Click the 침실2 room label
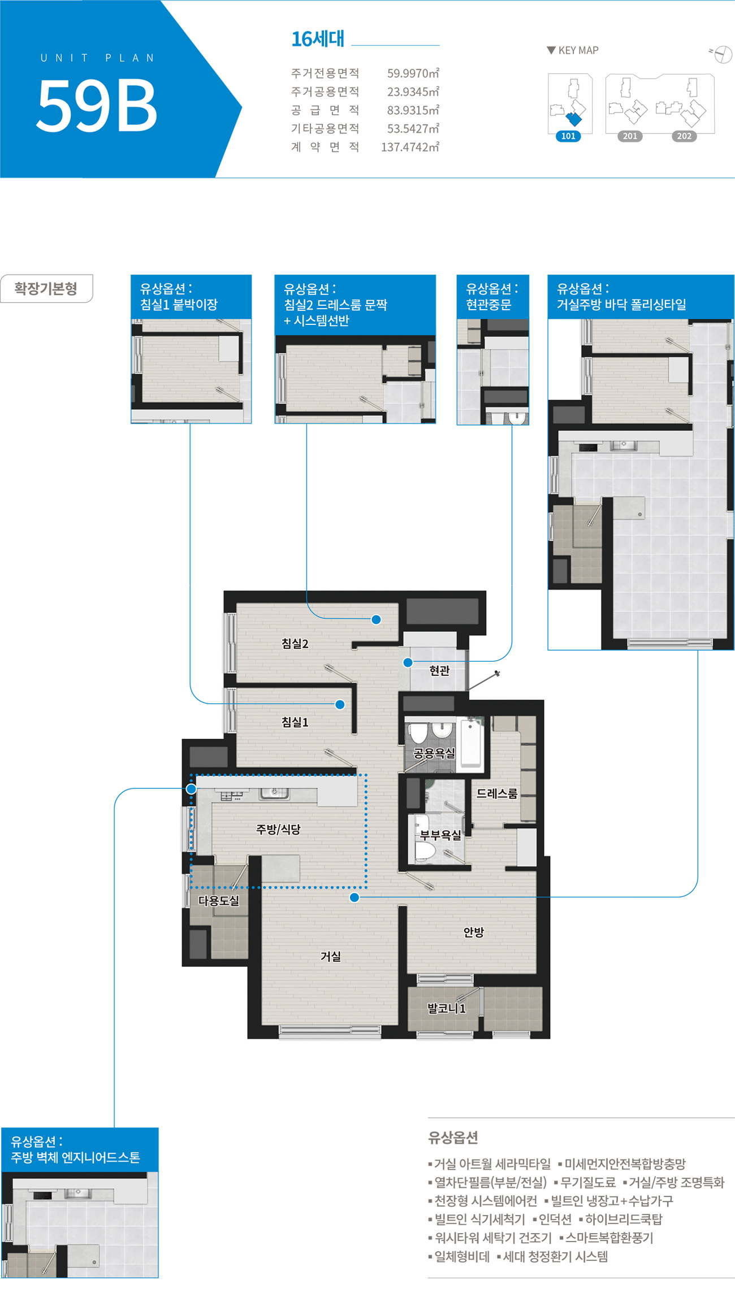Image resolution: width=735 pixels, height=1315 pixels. [295, 644]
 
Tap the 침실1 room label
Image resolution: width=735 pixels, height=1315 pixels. [295, 722]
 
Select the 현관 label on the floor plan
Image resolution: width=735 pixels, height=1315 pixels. [439, 670]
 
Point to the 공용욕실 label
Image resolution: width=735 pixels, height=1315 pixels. [434, 753]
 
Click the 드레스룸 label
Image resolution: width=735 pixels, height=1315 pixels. [497, 793]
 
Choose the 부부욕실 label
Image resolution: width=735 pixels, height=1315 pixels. [440, 835]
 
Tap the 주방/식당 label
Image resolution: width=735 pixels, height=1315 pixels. [278, 829]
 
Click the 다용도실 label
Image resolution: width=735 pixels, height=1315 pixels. [219, 901]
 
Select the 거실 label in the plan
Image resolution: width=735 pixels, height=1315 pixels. [331, 956]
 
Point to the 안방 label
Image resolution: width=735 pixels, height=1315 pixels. [474, 932]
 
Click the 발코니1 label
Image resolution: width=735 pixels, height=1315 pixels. [447, 1008]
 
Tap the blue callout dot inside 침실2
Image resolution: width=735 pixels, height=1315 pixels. [376, 619]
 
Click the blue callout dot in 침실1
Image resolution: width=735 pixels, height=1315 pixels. [340, 704]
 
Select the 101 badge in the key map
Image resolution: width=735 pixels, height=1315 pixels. [568, 136]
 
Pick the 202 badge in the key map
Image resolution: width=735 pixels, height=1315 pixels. [684, 136]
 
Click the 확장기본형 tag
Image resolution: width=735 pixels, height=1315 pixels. [46, 289]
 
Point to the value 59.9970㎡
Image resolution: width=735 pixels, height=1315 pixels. [413, 73]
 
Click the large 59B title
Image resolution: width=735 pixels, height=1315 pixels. [97, 105]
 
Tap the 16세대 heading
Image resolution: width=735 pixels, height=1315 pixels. [318, 39]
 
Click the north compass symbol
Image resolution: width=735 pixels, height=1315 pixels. [722, 54]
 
